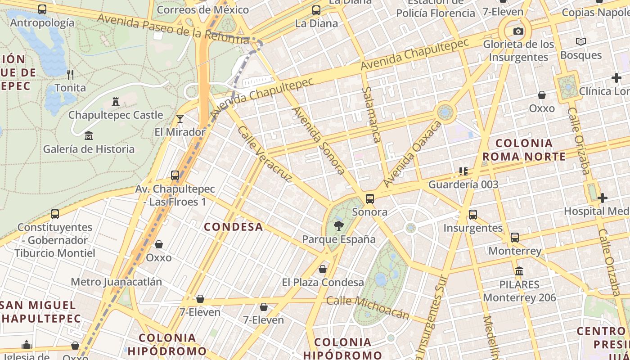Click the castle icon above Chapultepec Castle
pyautogui.click(x=116, y=102)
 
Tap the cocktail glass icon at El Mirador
pyautogui.click(x=180, y=119)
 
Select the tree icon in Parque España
pyautogui.click(x=338, y=226)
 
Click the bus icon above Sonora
pyautogui.click(x=370, y=198)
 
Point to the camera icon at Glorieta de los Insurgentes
pyautogui.click(x=518, y=31)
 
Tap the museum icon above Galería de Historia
pyautogui.click(x=89, y=135)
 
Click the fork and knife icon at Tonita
pyautogui.click(x=70, y=74)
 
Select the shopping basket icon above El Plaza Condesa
pyautogui.click(x=323, y=269)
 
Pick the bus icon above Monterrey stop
pyautogui.click(x=515, y=237)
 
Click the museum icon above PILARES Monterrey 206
pyautogui.click(x=519, y=271)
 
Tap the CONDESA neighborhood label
pyautogui.click(x=234, y=227)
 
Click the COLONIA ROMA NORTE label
pyautogui.click(x=524, y=150)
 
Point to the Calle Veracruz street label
pyautogui.click(x=265, y=154)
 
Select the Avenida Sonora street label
pyautogui.click(x=319, y=140)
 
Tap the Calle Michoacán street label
pyautogui.click(x=368, y=307)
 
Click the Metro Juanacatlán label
pyautogui.click(x=116, y=282)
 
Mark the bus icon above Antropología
pyautogui.click(x=42, y=9)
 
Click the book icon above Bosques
pyautogui.click(x=581, y=42)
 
